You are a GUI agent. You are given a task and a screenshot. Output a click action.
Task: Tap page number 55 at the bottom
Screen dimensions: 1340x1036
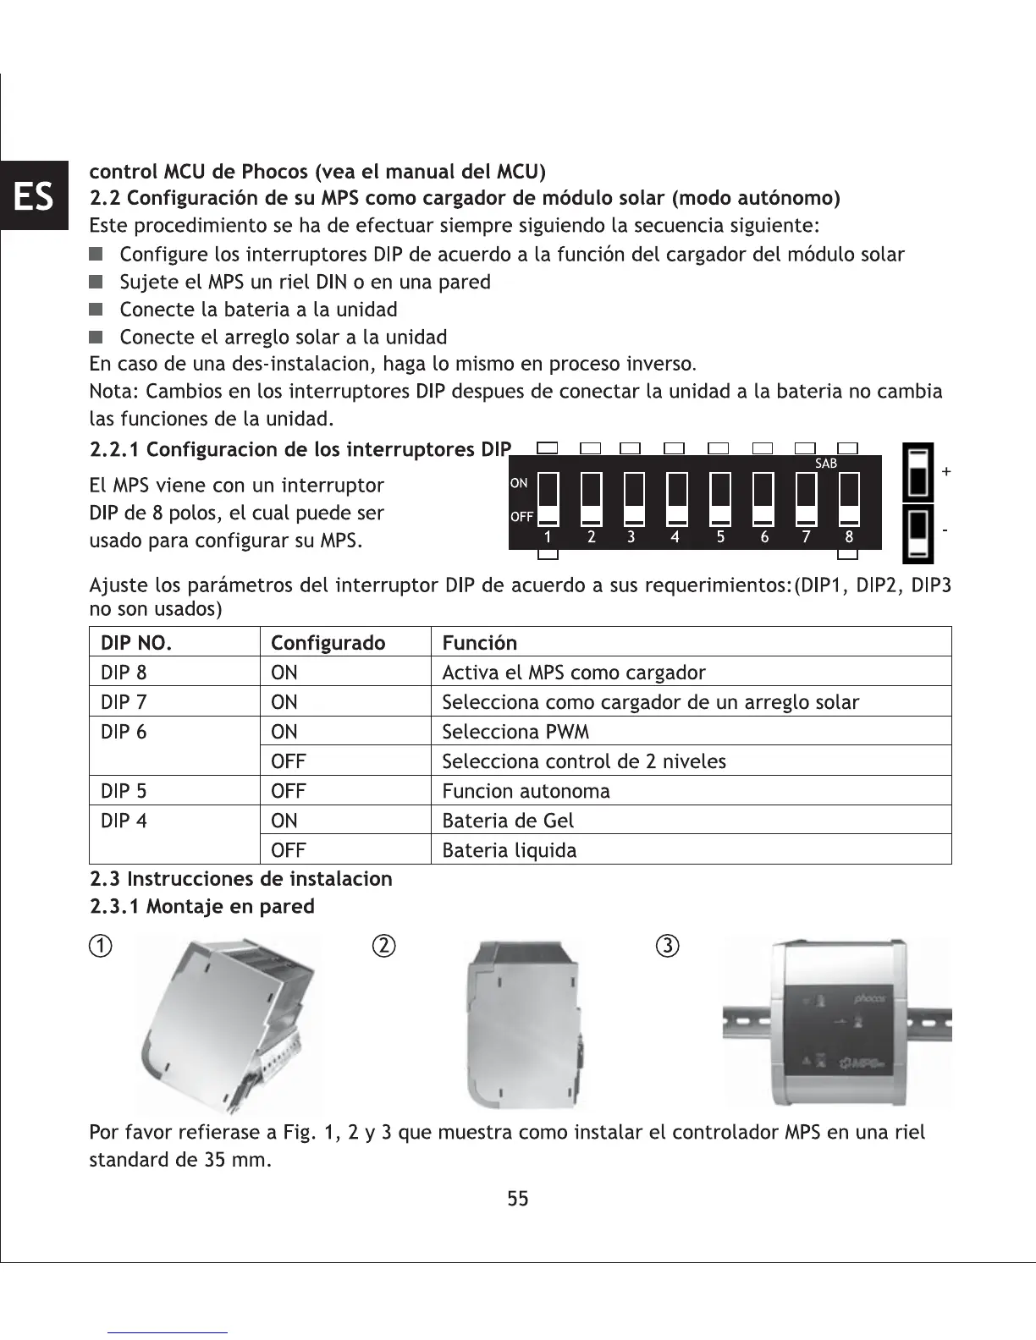[518, 1198]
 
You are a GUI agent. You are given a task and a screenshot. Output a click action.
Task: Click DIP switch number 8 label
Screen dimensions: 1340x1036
[849, 537]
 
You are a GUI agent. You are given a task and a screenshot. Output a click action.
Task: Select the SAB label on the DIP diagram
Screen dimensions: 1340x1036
[825, 464]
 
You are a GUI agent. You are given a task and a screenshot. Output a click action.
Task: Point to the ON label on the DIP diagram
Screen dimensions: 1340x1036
[519, 483]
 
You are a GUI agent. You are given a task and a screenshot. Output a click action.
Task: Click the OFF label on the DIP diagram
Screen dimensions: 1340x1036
[521, 517]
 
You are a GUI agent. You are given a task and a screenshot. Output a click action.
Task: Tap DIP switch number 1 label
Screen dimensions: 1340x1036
[548, 537]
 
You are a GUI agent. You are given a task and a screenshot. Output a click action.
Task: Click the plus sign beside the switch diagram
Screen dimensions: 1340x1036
[945, 472]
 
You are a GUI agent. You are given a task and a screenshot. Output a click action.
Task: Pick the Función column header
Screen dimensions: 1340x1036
[479, 643]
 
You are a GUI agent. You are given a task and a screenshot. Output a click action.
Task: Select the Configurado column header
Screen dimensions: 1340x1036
[328, 643]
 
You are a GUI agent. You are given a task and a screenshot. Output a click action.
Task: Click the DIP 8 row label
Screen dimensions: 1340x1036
[124, 673]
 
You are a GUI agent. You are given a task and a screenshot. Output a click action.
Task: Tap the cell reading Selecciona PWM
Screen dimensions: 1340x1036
[515, 732]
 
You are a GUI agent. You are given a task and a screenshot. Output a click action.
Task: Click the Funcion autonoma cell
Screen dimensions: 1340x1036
[526, 791]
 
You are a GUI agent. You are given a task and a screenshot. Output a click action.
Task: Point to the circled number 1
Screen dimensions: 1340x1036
[100, 946]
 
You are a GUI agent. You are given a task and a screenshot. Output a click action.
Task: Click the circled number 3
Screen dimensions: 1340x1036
[668, 946]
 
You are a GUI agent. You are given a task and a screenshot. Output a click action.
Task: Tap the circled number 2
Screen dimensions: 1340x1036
[383, 946]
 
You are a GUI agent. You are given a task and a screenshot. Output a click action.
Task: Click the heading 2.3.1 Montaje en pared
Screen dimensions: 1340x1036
[201, 906]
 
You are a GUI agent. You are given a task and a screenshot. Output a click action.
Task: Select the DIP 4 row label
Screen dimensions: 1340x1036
[124, 821]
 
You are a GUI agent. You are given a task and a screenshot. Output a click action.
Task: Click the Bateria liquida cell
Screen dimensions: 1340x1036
[510, 850]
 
